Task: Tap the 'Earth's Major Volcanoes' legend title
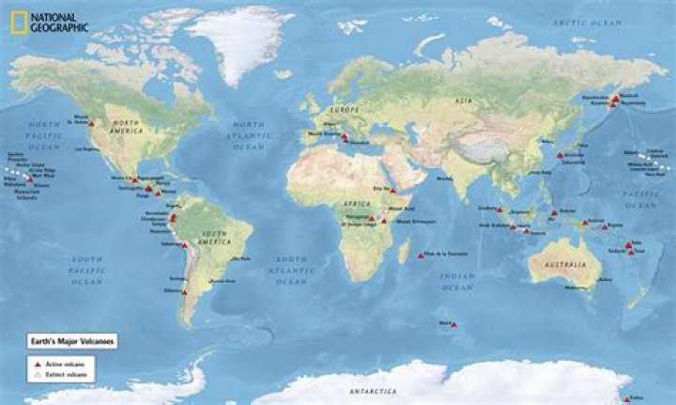pos(71,342)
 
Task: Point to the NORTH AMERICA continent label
pos(128,128)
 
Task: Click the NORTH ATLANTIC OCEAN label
pos(249,136)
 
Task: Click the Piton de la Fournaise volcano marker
pos(422,256)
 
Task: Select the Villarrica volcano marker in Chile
pos(185,293)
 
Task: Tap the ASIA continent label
pos(463,100)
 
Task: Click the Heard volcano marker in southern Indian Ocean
pos(453,325)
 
